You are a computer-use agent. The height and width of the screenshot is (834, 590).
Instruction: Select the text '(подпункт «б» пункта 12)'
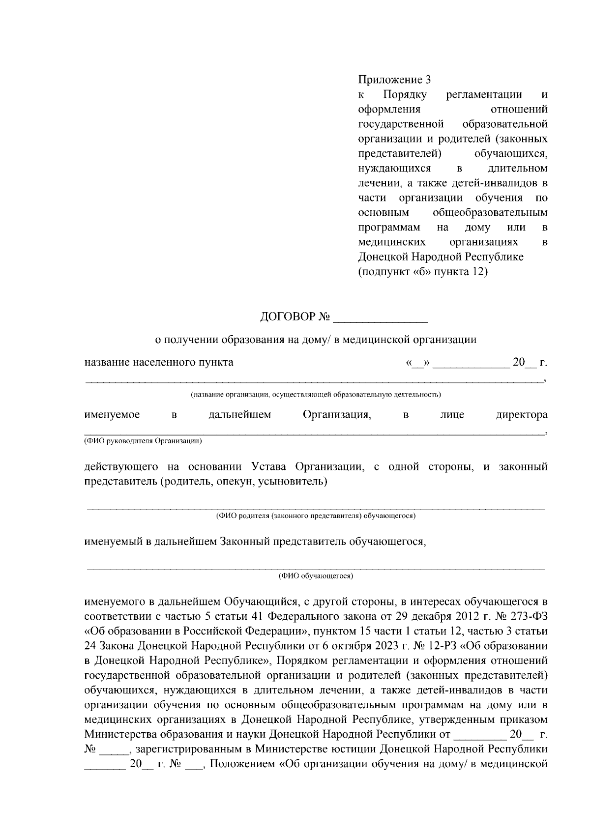point(423,271)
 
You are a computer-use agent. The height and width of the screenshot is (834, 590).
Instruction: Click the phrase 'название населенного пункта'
point(159,363)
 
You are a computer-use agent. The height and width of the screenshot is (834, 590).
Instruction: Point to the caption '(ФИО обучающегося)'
point(316,575)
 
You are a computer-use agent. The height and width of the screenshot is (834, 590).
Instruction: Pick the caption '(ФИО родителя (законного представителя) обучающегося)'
point(316,516)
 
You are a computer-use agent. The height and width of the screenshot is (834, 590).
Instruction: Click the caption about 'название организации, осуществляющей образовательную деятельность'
point(316,394)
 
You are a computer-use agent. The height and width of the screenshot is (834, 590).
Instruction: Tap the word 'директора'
point(521,415)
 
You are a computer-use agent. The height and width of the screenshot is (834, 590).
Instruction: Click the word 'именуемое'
point(112,415)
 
